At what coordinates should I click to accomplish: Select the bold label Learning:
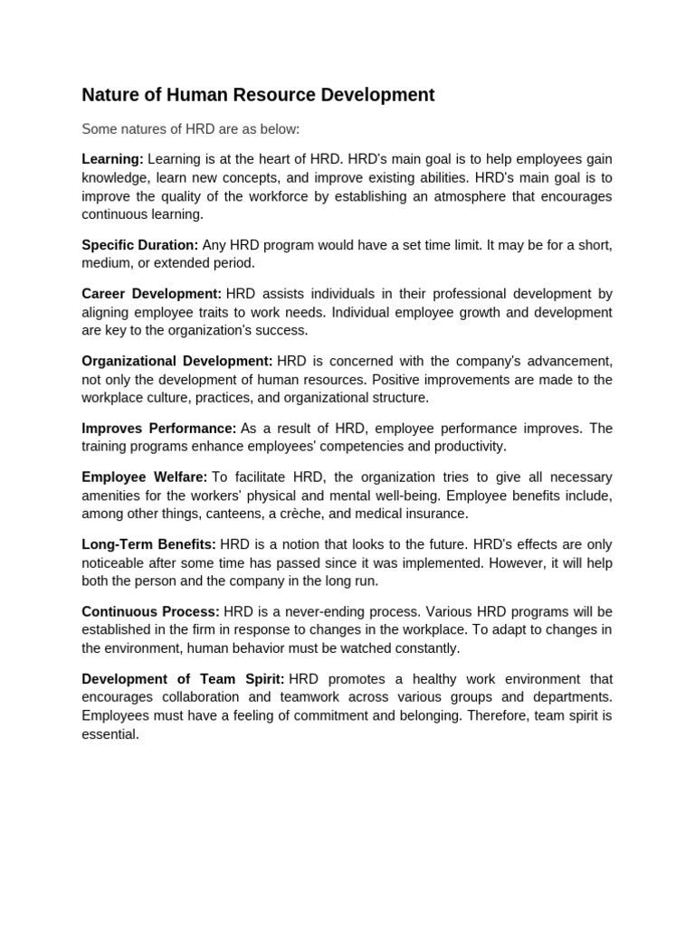(112, 159)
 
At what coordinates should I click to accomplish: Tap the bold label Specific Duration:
(139, 245)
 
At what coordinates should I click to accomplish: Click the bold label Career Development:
(151, 294)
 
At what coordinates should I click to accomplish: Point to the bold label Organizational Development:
(176, 362)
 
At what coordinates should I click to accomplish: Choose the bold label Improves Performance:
(158, 429)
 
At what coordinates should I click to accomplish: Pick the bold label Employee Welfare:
(144, 477)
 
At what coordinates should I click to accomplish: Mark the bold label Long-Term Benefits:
(148, 544)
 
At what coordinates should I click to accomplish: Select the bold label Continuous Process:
(150, 612)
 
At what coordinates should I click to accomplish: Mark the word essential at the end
(109, 734)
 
